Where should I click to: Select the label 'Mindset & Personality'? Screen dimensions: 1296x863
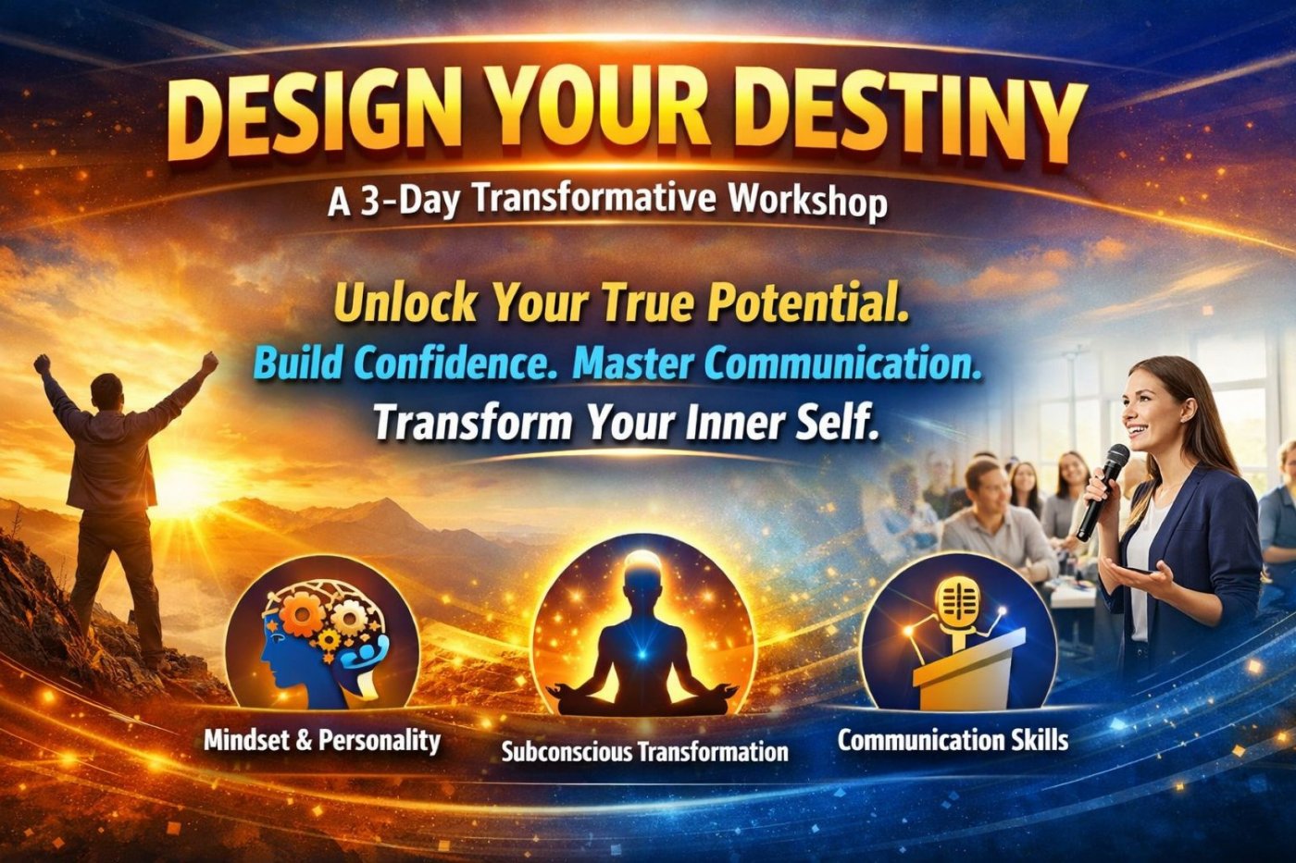pos(322,741)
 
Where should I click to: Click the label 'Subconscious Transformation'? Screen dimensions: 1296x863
pos(644,751)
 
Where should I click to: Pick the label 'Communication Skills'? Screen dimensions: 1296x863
pos(953,740)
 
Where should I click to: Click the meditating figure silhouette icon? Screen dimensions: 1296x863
pos(643,635)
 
